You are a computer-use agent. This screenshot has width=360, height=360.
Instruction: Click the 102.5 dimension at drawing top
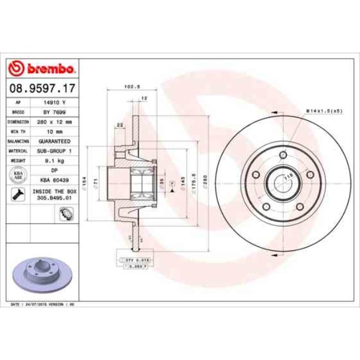pos(131,86)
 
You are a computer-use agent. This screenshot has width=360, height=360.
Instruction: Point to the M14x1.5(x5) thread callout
pos(325,111)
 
